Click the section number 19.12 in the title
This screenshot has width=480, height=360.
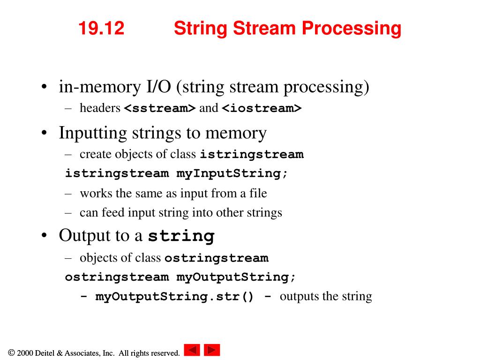pos(101,29)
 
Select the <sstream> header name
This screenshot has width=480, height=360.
pos(159,108)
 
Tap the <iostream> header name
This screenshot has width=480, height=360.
pos(262,108)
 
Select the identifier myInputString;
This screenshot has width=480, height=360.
pos(232,173)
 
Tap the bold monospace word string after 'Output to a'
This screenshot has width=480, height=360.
pos(181,236)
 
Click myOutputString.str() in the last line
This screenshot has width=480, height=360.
pos(174,297)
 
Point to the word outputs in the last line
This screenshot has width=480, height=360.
pos(298,297)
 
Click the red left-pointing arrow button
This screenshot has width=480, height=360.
pos(192,350)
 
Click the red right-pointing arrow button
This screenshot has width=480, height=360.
pos(212,350)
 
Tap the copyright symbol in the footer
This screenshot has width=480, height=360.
pos(11,353)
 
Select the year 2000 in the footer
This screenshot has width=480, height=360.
pos(25,353)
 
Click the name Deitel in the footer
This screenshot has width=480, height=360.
pos(45,353)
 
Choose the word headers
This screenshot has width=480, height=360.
pos(100,108)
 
